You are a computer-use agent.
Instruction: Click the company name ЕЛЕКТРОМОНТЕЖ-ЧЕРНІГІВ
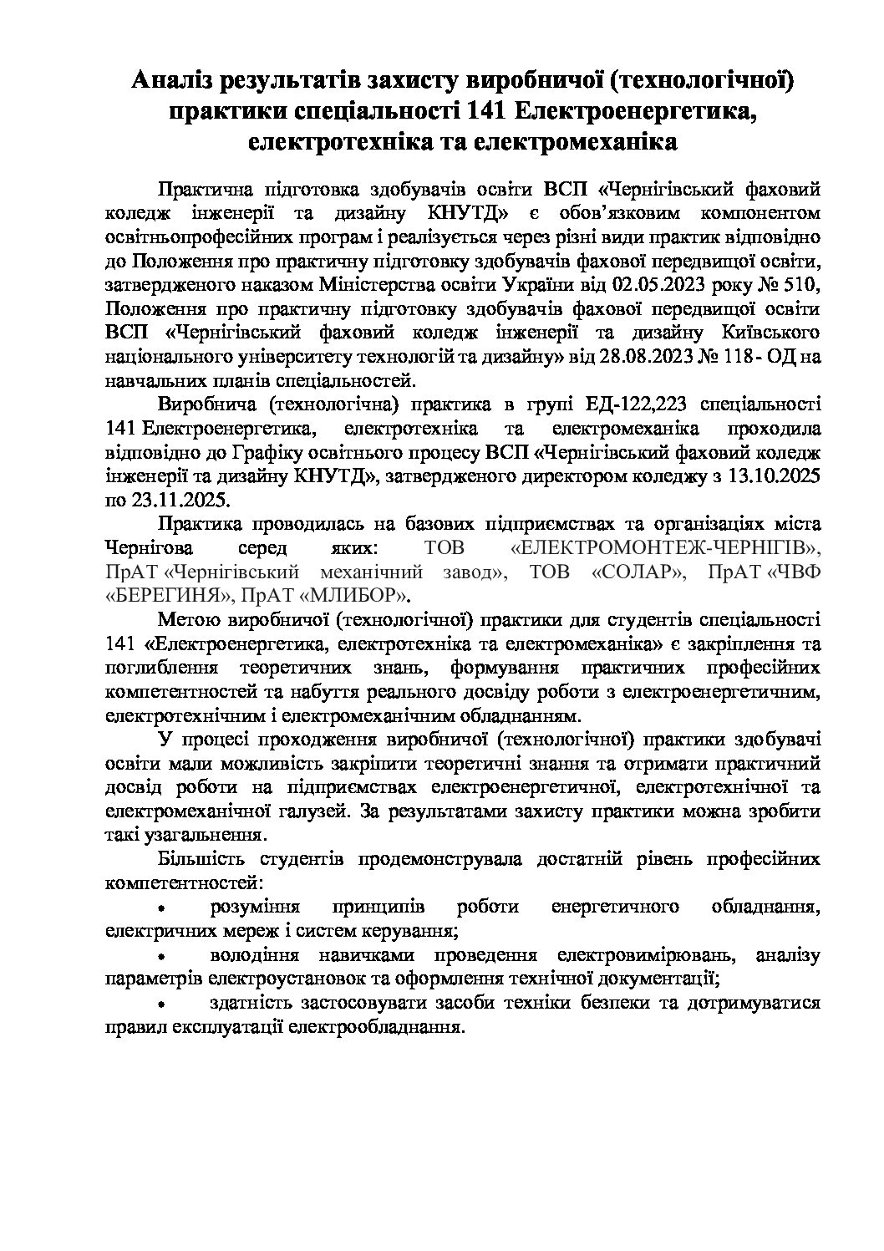665,548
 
